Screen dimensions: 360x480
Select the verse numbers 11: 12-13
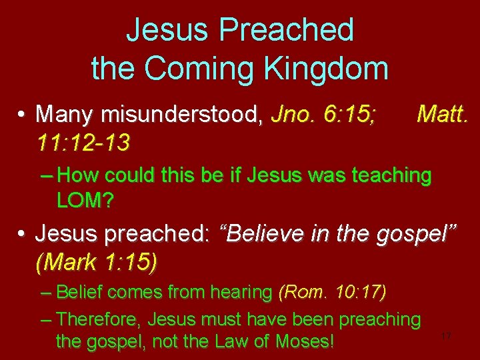(83, 141)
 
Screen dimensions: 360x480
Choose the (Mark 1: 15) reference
(96, 263)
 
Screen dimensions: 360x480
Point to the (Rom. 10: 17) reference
(332, 292)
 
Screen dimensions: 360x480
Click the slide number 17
(446, 337)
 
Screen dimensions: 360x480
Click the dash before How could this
(47, 176)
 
